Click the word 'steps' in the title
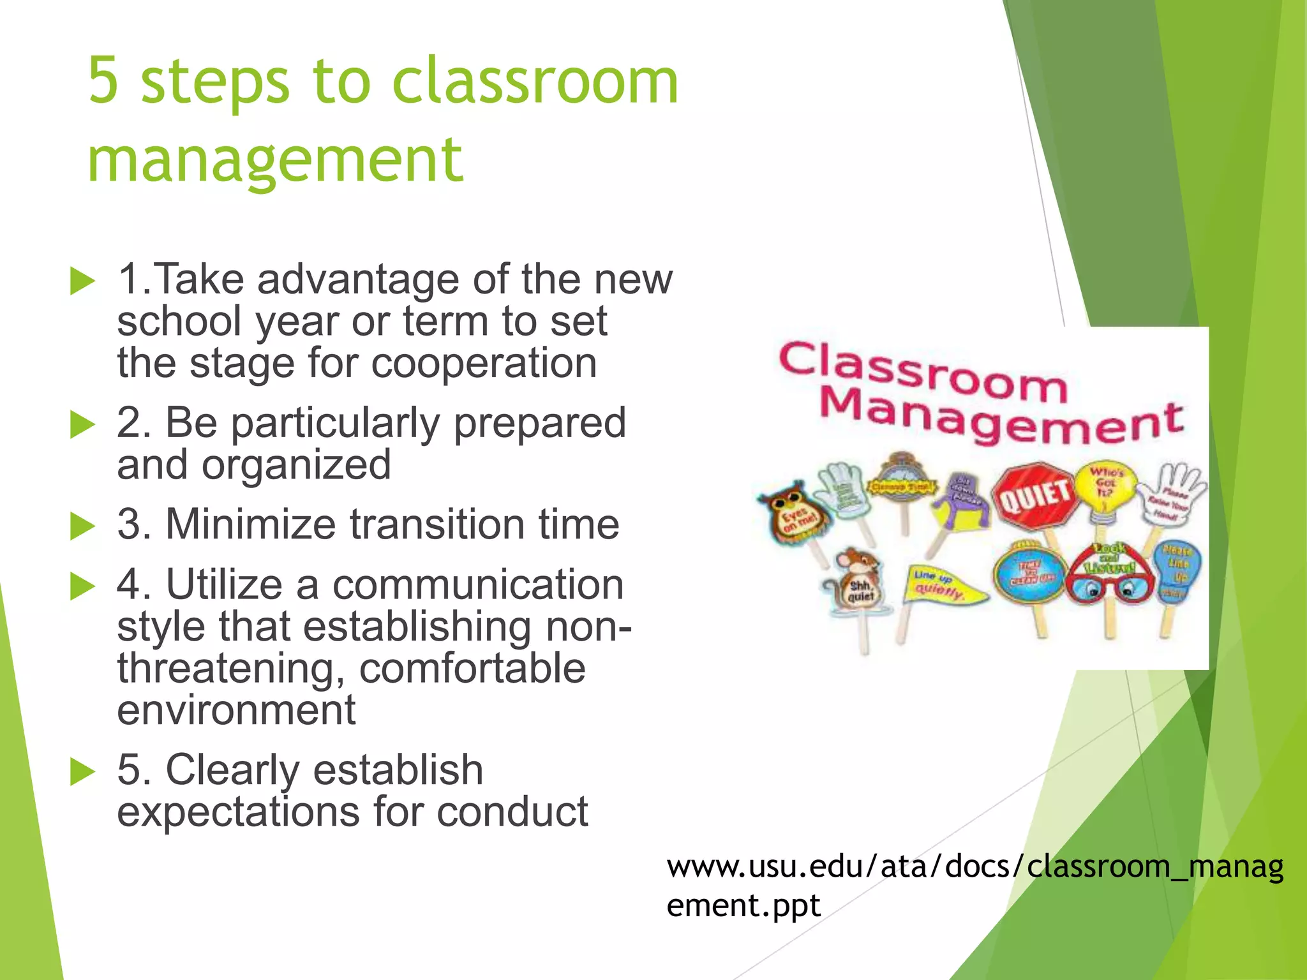tap(216, 82)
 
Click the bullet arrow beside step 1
tap(82, 281)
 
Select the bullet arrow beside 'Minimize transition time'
tap(82, 526)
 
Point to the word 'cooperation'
tap(484, 363)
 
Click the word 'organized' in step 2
tap(296, 464)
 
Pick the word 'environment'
tap(236, 709)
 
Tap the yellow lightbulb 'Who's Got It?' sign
tap(1106, 488)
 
